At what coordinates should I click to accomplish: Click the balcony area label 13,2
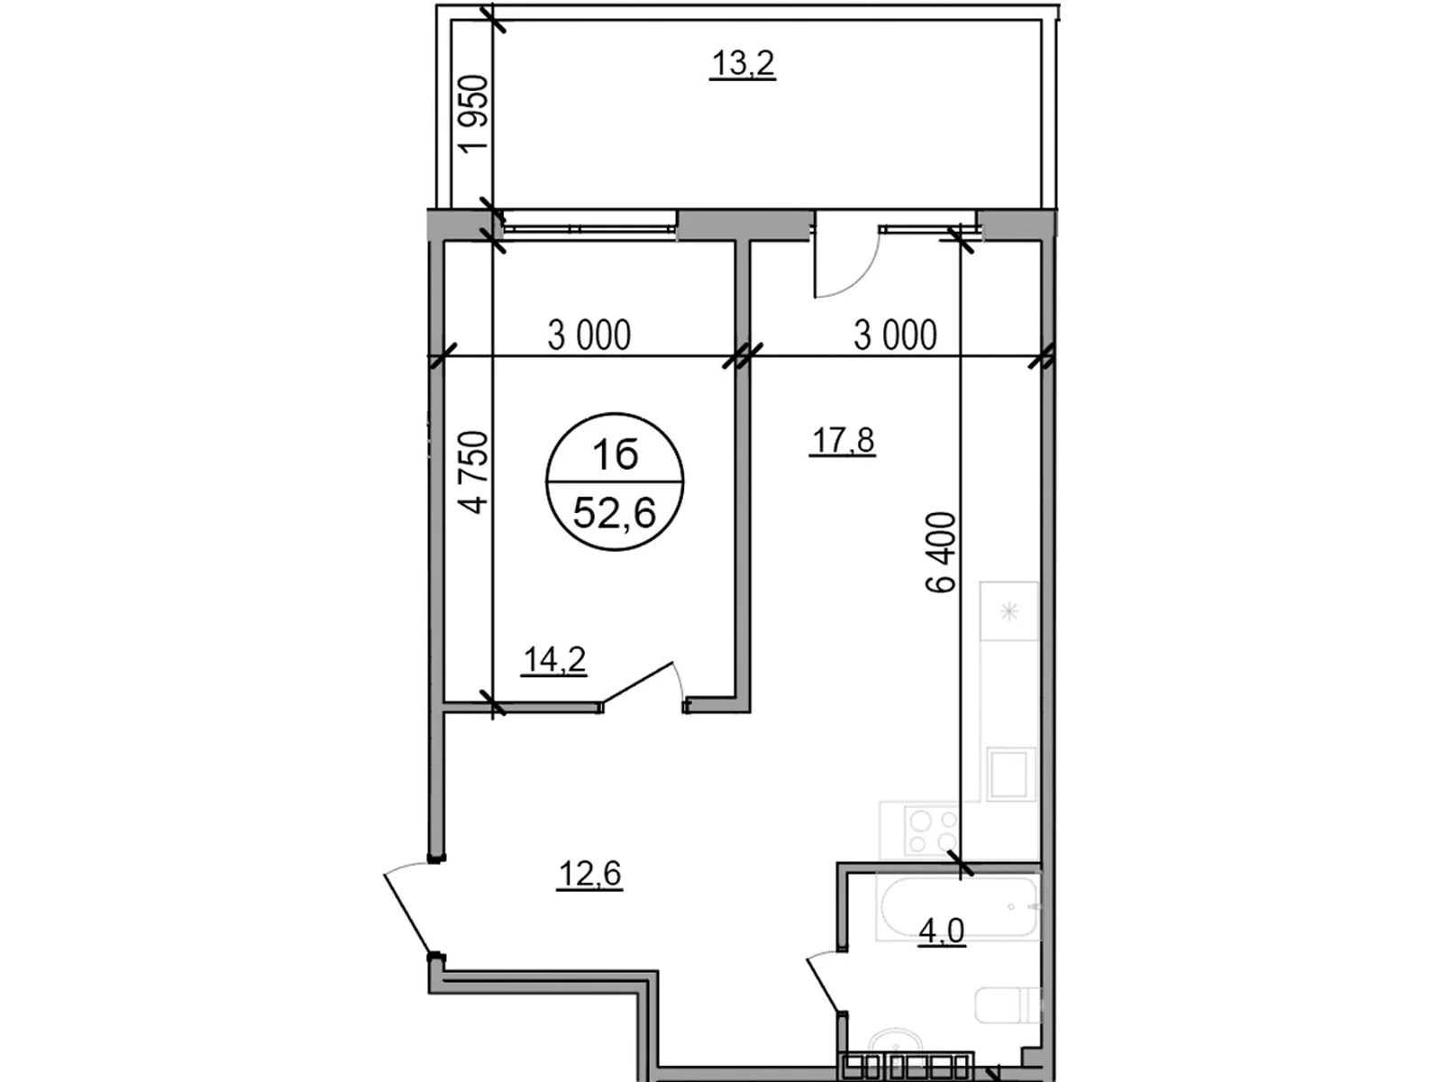click(x=743, y=65)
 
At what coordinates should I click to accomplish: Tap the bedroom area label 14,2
click(x=554, y=660)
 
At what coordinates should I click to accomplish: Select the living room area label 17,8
click(x=843, y=441)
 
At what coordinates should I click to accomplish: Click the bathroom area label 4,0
click(x=941, y=931)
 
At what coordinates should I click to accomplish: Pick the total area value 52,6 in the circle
click(x=615, y=513)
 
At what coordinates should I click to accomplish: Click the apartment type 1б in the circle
click(x=615, y=454)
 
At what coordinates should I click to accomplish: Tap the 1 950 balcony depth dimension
click(x=474, y=115)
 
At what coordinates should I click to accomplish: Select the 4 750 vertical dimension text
click(x=474, y=472)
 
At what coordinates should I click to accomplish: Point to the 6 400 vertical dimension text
click(x=941, y=552)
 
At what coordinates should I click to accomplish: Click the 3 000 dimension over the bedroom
click(x=589, y=335)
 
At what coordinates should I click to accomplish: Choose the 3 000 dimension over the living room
click(x=895, y=335)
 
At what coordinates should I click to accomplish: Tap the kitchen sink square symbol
click(x=1011, y=774)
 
